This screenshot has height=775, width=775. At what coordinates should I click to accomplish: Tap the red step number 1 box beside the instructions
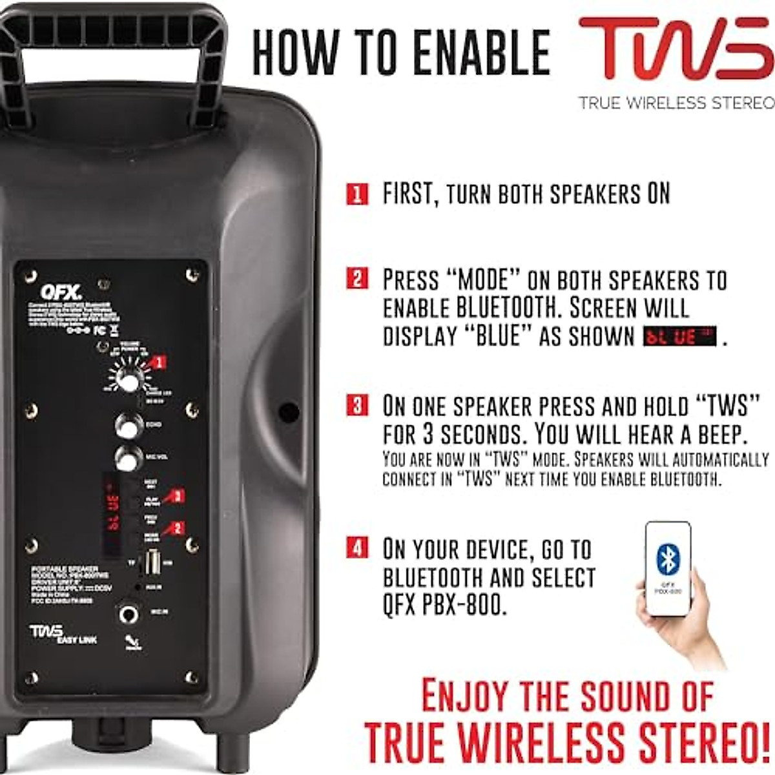[x=356, y=194]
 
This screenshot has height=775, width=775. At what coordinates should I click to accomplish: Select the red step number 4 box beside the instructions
[x=356, y=548]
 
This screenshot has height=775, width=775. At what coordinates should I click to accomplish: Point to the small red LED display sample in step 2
[x=679, y=337]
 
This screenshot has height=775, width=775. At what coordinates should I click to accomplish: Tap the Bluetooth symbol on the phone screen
[x=667, y=559]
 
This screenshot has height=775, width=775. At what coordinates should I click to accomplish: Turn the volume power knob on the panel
[x=127, y=381]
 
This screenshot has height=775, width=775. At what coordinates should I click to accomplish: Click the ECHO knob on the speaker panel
[x=129, y=426]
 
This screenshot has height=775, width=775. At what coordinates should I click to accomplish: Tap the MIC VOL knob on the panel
[x=129, y=458]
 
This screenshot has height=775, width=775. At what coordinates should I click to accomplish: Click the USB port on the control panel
[x=152, y=562]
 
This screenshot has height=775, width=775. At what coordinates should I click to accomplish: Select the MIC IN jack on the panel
[x=129, y=613]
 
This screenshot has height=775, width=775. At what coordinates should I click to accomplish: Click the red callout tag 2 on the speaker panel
[x=176, y=528]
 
